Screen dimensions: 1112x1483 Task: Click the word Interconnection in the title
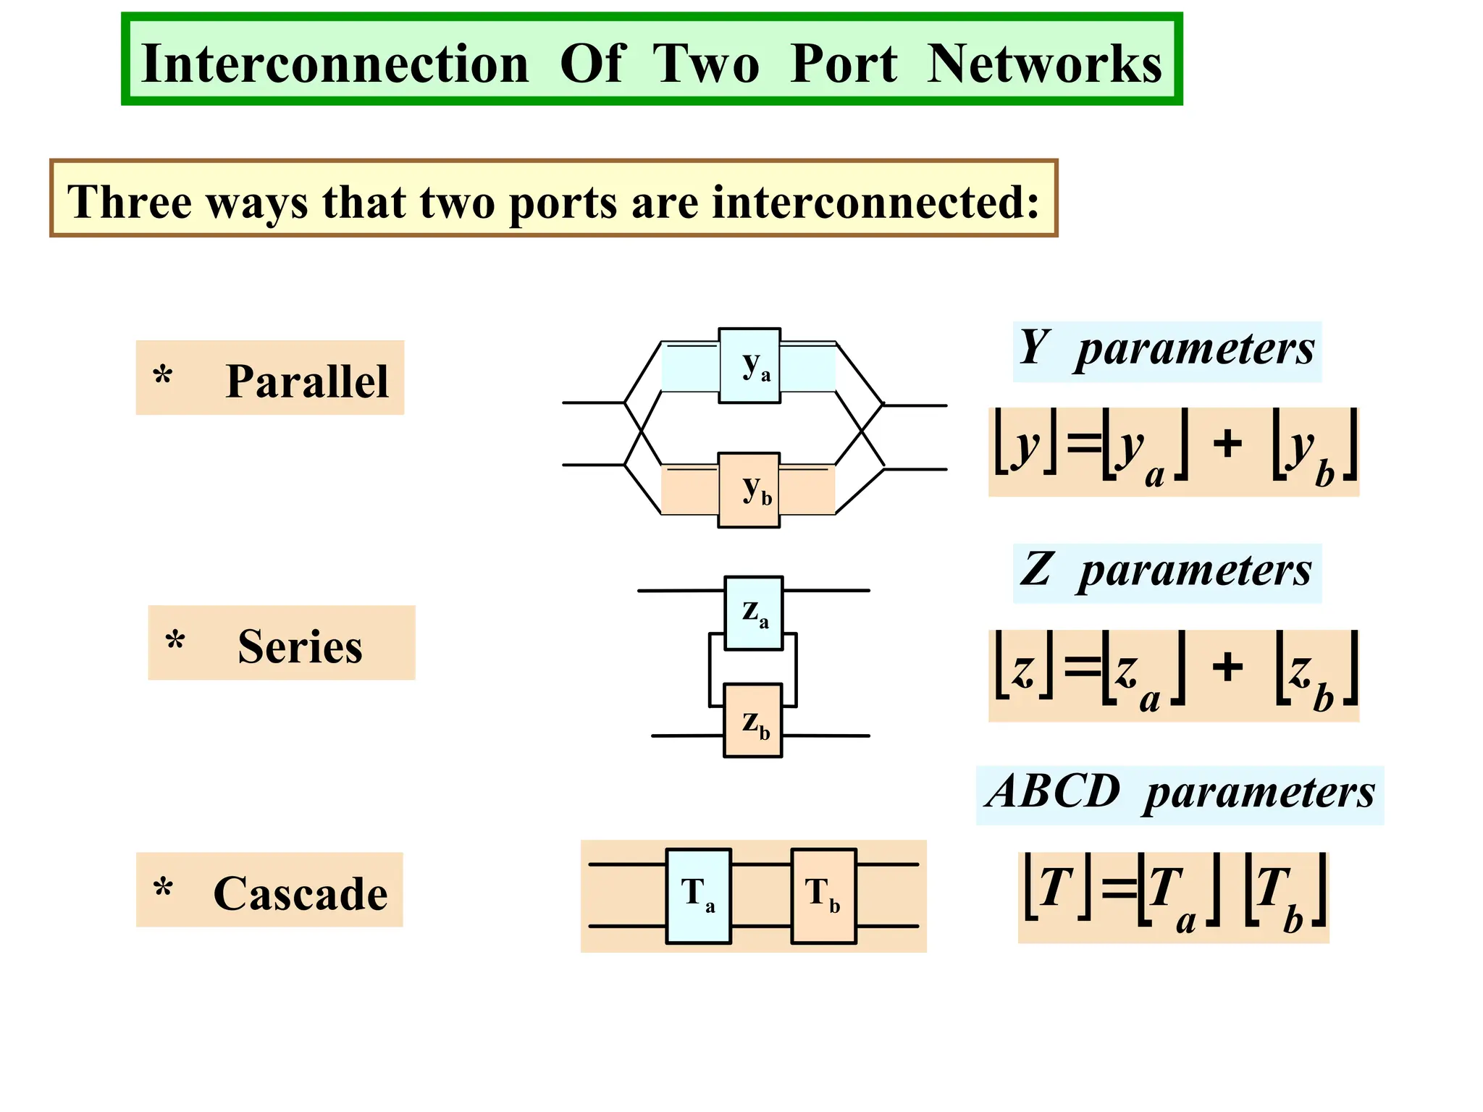[335, 64]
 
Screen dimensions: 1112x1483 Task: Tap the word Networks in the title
[1043, 64]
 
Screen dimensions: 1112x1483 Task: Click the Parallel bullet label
[306, 381]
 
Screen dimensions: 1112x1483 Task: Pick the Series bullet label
[300, 646]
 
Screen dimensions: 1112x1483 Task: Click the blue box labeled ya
[749, 366]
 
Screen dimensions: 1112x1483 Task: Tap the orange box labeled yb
[749, 490]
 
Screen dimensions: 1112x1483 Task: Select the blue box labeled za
[753, 613]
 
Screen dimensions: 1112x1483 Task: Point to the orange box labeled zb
[753, 721]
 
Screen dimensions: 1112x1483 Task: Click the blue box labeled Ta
[698, 896]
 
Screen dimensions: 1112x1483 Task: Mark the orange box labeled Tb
[823, 896]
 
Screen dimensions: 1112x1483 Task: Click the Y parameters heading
[1166, 350]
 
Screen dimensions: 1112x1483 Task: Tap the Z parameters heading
[1166, 571]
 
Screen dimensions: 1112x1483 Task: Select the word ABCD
[1053, 792]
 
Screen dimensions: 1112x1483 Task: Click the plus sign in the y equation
[1227, 443]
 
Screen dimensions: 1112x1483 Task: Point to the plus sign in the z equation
[1227, 667]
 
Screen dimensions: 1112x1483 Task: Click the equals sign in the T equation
[1119, 888]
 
